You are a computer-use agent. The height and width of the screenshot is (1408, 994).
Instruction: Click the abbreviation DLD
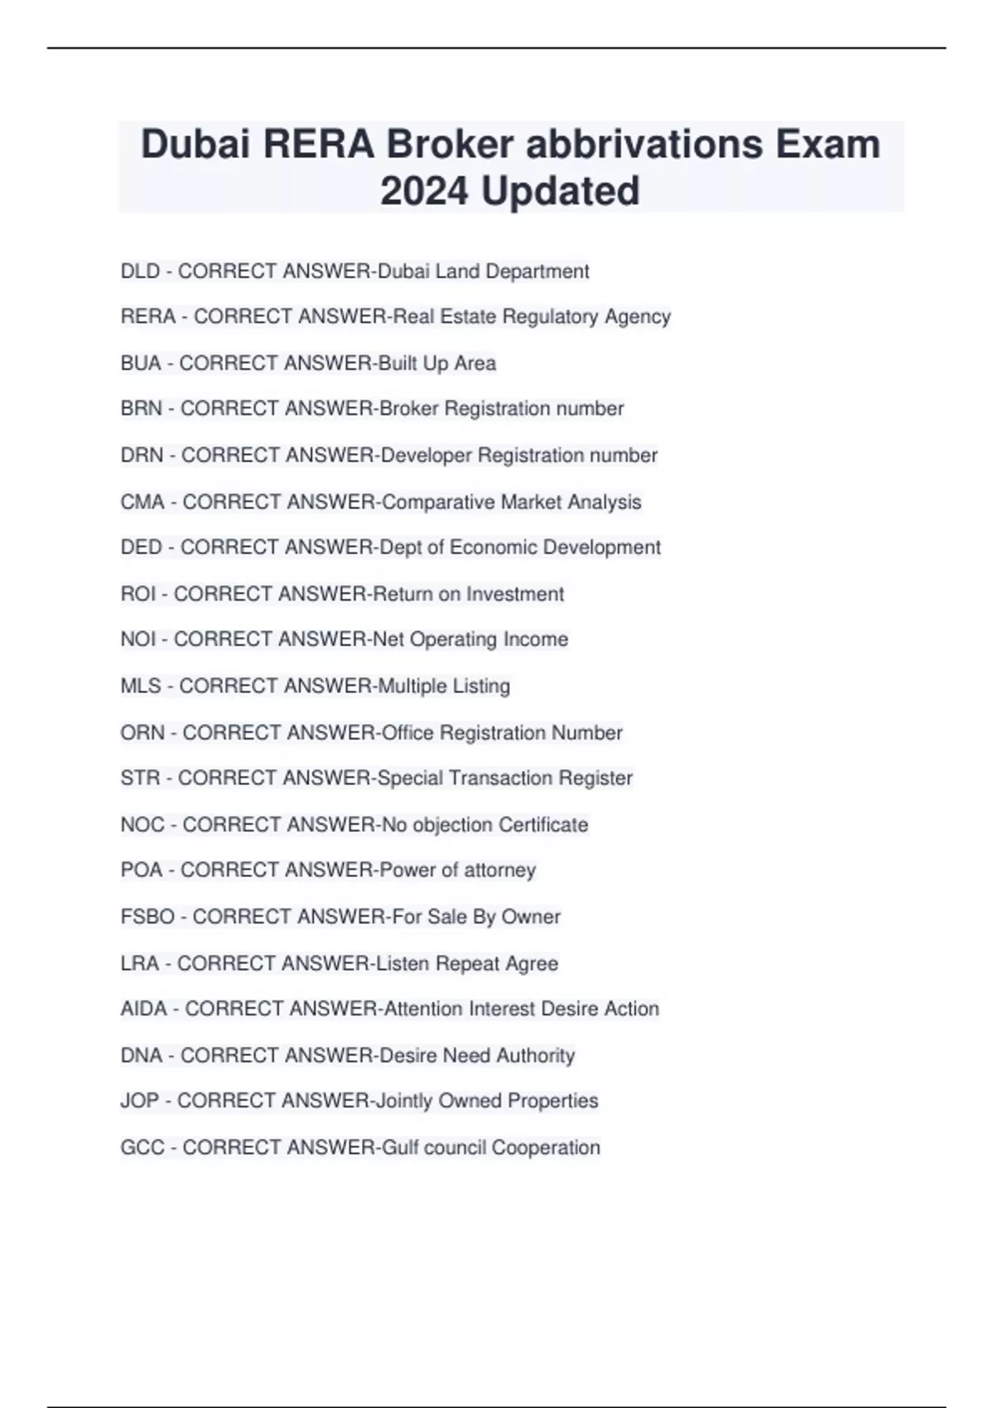coord(140,272)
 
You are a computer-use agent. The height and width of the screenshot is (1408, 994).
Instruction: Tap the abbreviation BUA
coord(141,364)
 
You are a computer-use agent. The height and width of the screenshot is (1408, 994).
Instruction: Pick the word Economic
coord(491,547)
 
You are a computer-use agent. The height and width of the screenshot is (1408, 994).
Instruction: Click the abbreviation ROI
coord(138,594)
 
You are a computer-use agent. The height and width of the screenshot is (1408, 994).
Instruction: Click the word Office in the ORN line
coord(407,733)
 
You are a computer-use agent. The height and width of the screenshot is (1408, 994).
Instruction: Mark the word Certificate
coord(543,825)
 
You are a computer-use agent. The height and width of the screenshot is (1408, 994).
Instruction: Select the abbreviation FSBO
coord(147,917)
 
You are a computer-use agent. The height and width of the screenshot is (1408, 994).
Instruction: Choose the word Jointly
coord(404,1101)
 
